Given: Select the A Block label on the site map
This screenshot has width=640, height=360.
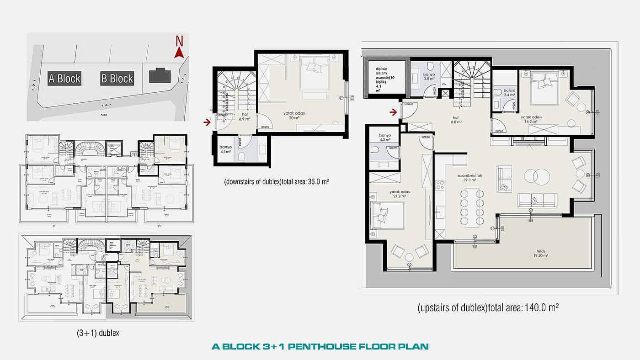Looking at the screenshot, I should (64, 79).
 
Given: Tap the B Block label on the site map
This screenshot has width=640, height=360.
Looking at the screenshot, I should (117, 79).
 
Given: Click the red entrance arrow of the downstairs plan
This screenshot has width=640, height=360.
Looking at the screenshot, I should (208, 122).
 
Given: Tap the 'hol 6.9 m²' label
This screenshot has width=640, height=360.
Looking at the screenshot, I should (245, 117).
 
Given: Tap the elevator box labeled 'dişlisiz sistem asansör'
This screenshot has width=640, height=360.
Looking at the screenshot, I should (384, 78).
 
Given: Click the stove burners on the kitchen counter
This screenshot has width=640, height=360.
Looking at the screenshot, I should (440, 185).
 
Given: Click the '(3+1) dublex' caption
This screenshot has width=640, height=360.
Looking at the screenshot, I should (98, 333).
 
